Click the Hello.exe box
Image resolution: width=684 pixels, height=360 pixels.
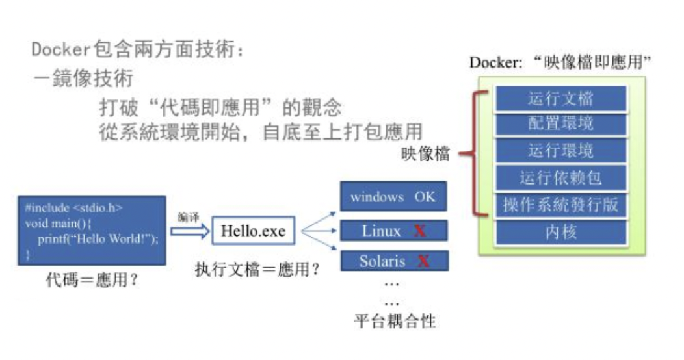[x=253, y=231]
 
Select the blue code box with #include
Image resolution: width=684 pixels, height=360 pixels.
[x=91, y=231]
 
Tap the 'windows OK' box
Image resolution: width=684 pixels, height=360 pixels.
[x=393, y=196]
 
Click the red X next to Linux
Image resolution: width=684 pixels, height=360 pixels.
[x=421, y=231]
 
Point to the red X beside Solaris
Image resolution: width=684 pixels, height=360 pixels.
[x=424, y=261]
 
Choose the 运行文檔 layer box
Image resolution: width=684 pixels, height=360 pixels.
[x=560, y=99]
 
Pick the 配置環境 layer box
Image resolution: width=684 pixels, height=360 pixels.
[x=560, y=123]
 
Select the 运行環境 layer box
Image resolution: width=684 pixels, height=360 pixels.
[x=560, y=151]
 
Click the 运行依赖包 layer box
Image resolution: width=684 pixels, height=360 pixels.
[x=560, y=178]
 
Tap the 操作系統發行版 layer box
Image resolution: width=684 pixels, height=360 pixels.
[x=560, y=205]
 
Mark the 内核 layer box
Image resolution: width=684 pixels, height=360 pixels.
[x=560, y=232]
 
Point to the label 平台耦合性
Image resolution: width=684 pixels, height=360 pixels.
[x=395, y=321]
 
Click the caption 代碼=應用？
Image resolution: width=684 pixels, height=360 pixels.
[x=94, y=281]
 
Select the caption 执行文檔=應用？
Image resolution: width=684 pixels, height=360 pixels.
[x=257, y=269]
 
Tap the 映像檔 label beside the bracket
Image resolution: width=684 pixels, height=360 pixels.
[x=425, y=155]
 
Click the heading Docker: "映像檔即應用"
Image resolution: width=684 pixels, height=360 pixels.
[x=560, y=62]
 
